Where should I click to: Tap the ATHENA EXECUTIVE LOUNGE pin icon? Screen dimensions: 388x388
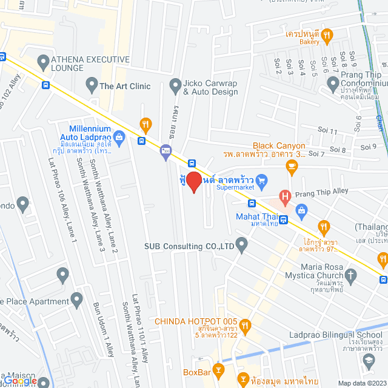(43, 62)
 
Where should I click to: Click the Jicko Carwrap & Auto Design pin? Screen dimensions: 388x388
(175, 84)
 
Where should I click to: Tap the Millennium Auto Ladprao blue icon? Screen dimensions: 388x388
(119, 138)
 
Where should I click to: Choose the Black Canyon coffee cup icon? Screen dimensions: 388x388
(292, 166)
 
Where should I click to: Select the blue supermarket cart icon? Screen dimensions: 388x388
(261, 179)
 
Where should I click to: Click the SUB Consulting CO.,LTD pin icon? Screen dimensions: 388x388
(242, 246)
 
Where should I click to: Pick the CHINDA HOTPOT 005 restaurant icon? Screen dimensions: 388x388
(245, 326)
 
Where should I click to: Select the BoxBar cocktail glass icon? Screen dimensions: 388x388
(219, 369)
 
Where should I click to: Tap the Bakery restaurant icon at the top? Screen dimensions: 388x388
(327, 35)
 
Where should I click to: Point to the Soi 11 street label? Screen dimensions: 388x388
(327, 130)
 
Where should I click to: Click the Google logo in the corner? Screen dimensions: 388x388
(22, 381)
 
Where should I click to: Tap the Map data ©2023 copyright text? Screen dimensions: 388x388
(361, 383)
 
